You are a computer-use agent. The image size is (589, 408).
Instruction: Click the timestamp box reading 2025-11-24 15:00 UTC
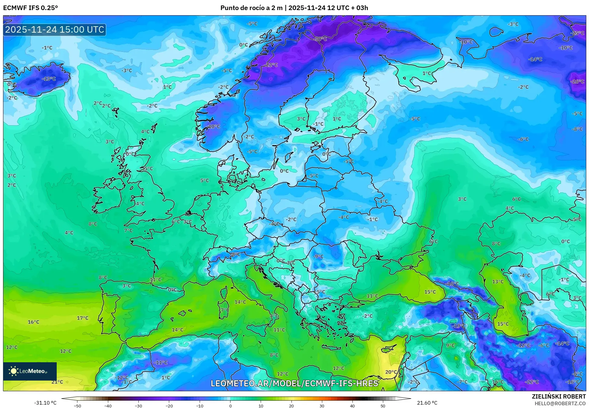coord(55,30)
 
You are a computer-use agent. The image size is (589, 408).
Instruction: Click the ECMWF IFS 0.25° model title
coord(30,8)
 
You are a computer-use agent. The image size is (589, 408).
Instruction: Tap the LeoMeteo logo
coord(30,371)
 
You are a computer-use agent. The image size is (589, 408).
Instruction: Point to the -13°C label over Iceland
coord(49,79)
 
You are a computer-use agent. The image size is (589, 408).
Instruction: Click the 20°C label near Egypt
coord(391,372)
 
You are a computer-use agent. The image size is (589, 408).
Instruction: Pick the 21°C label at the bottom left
coord(57,382)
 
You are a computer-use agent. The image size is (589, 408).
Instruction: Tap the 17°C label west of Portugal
coord(82,318)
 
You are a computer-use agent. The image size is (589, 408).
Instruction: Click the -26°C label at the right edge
coord(577,81)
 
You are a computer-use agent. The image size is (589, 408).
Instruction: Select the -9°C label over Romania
coord(318,256)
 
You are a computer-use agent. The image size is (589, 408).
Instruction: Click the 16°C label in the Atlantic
coord(33,322)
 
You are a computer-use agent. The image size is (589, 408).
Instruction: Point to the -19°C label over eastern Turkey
coord(459,326)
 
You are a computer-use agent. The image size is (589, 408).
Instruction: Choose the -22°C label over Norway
coord(271,65)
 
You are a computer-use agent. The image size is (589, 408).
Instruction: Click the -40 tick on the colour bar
coord(108,406)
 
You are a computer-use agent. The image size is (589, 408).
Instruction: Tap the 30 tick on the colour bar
coord(322,406)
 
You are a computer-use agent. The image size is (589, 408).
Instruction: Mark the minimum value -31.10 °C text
coord(45,403)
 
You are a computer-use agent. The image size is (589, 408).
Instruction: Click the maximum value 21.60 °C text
coord(427,403)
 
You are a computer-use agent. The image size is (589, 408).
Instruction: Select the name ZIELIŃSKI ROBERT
coord(559,396)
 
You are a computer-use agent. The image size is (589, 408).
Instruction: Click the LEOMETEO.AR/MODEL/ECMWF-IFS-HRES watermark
coord(294,383)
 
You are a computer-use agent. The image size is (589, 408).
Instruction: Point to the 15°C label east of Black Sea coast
coord(430,292)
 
